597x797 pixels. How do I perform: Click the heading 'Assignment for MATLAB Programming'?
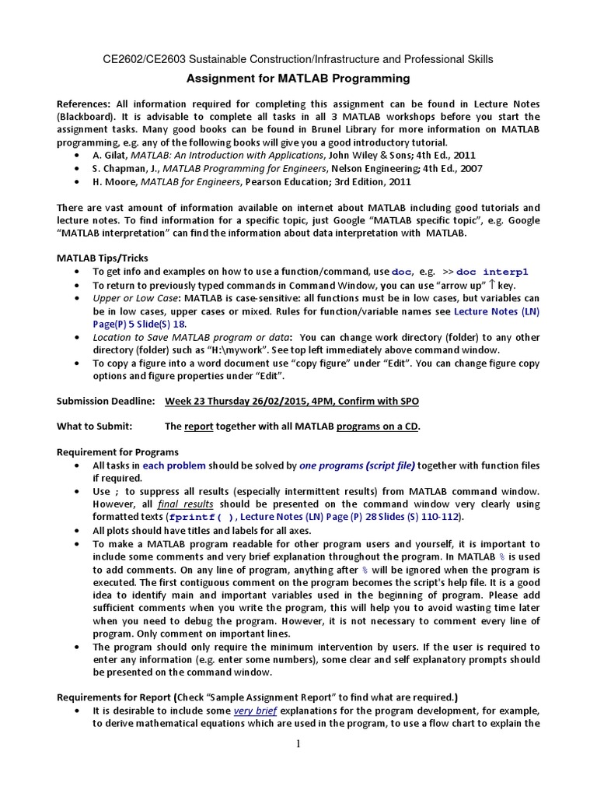coord(298,79)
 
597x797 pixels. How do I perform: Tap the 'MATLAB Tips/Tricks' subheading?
coord(103,258)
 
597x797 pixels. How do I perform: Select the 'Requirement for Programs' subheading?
coord(118,452)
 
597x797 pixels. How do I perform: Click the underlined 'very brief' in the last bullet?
coord(255,711)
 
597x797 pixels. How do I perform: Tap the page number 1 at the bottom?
coord(298,744)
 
